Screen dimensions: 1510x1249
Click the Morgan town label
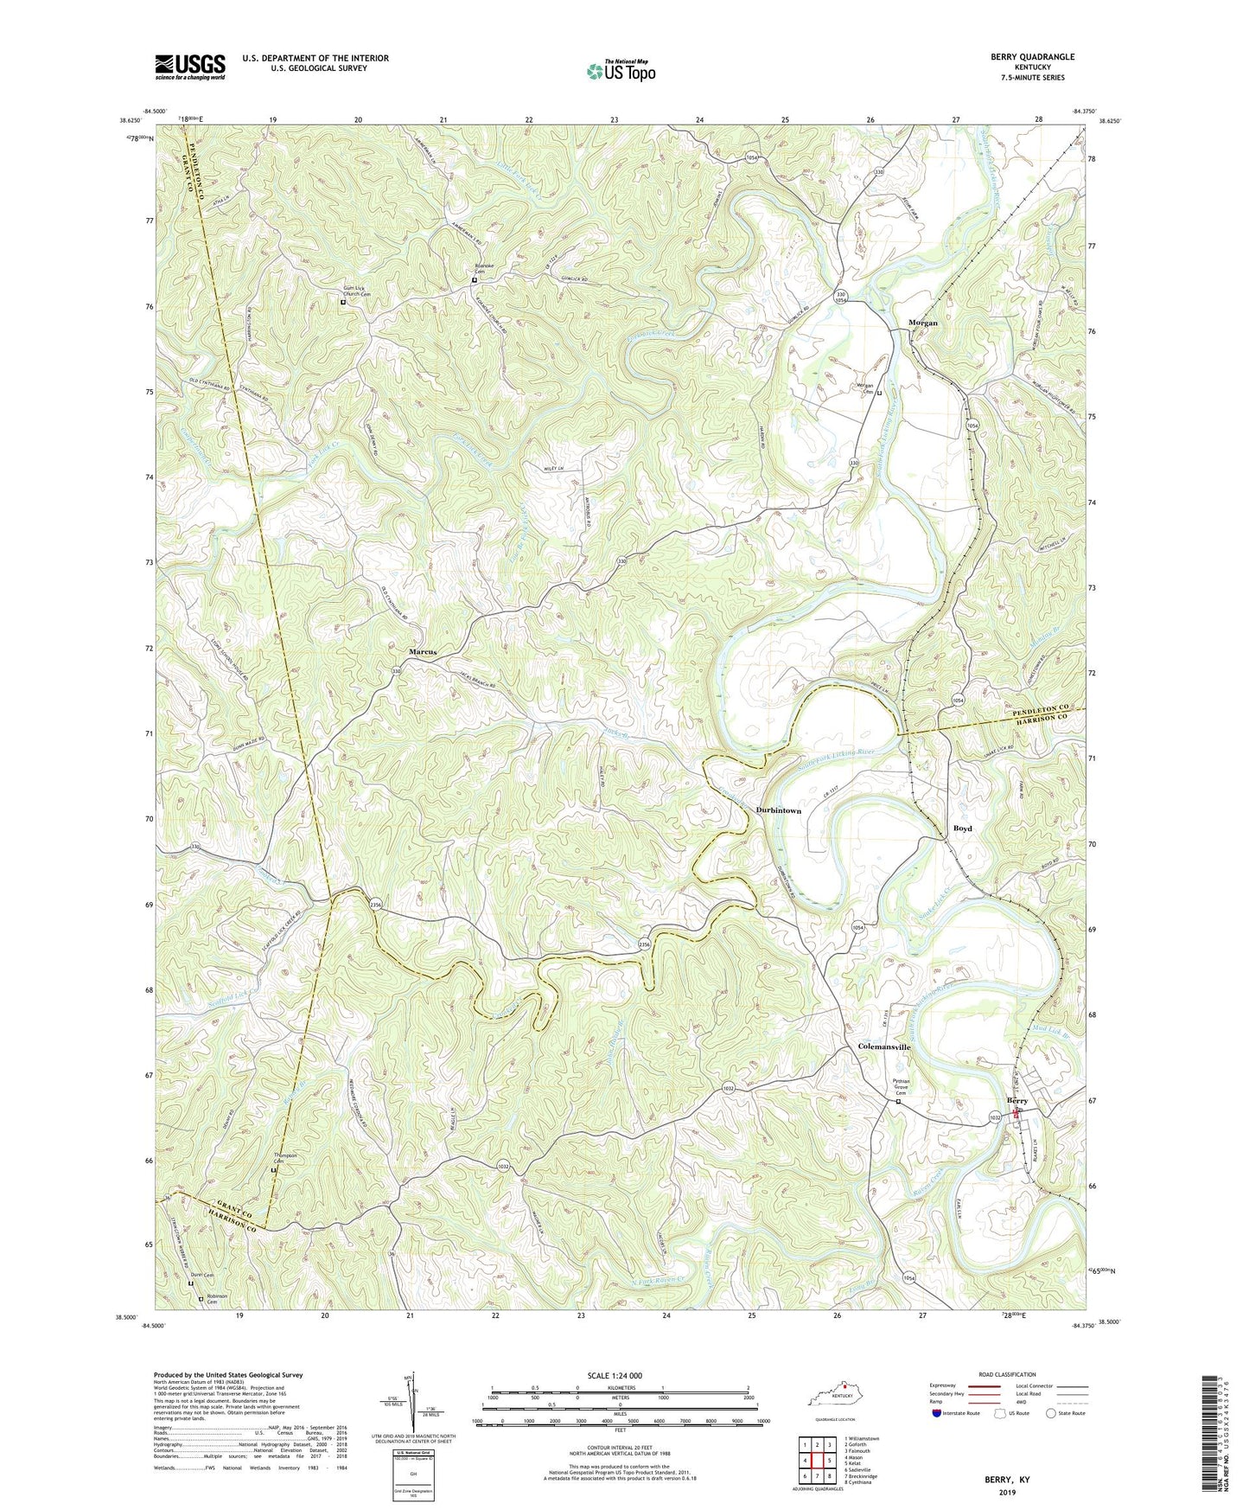pos(922,323)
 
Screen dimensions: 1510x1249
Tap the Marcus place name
pos(423,652)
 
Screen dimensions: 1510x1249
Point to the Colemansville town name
pos(884,1046)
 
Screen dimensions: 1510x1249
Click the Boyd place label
pos(962,829)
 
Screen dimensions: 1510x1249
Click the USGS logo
pos(190,67)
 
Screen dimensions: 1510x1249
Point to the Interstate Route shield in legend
pos(938,1414)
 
